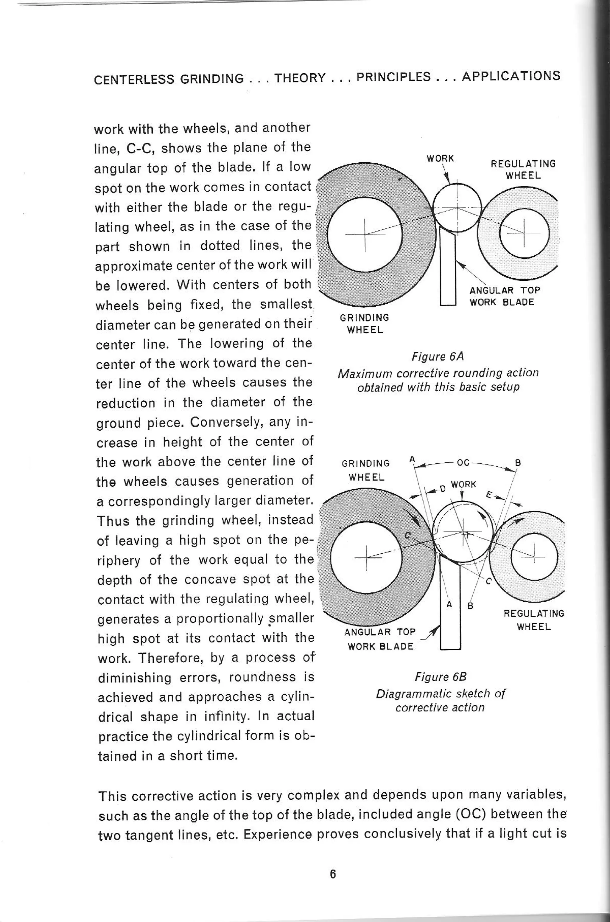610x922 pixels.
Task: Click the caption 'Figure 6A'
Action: (438, 356)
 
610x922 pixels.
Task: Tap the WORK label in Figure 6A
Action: (440, 159)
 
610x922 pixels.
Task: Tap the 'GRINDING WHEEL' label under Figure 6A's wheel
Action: (365, 323)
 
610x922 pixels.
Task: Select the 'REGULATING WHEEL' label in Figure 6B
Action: (534, 620)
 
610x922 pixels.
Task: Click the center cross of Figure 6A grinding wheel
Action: (365, 235)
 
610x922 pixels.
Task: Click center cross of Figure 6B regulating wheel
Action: (535, 553)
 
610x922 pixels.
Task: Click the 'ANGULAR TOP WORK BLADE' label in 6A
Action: (505, 296)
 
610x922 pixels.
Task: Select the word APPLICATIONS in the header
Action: (511, 76)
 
